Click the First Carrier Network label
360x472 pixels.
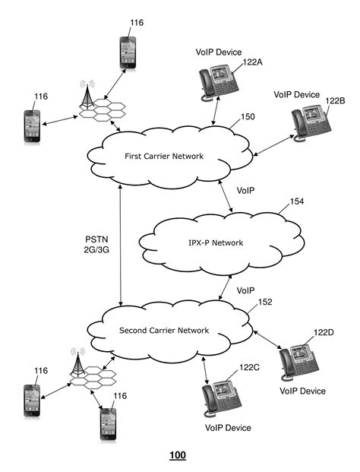pyautogui.click(x=164, y=157)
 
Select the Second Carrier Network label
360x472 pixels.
pyautogui.click(x=164, y=331)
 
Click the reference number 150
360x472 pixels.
pyautogui.click(x=248, y=118)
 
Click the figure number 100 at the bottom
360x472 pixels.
pyautogui.click(x=177, y=455)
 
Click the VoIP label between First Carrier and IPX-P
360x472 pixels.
pyautogui.click(x=245, y=189)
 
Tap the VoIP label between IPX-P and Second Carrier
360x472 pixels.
pyautogui.click(x=245, y=291)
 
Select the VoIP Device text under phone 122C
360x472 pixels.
pyautogui.click(x=227, y=428)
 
